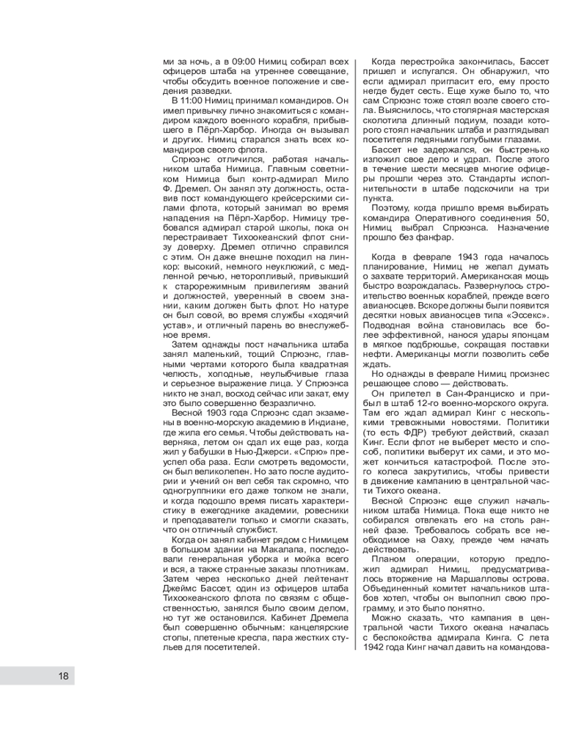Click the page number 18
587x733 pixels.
(63, 676)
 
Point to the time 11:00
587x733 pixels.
(194, 100)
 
